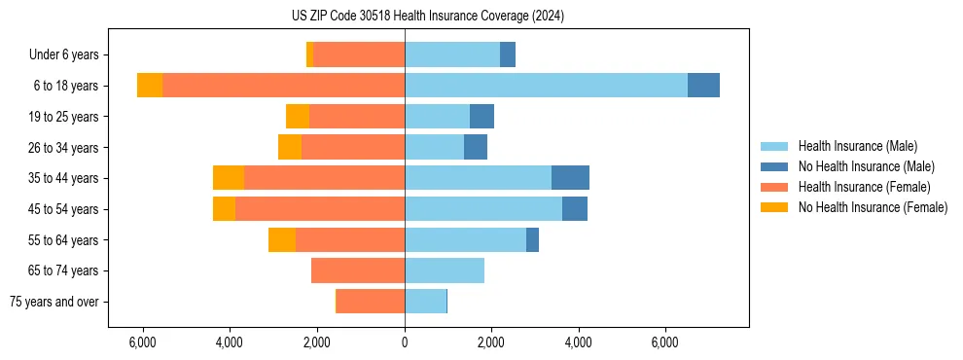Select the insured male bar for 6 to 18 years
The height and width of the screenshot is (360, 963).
point(546,86)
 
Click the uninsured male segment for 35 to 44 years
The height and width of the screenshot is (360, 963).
point(570,178)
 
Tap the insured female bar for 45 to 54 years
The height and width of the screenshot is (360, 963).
point(320,209)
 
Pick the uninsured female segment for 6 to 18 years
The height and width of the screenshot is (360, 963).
point(150,86)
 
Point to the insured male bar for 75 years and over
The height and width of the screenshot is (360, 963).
point(425,302)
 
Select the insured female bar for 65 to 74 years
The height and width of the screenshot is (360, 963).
point(358,270)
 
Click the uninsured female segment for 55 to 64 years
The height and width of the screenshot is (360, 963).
point(282,240)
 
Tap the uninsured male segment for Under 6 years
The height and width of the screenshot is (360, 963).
point(508,55)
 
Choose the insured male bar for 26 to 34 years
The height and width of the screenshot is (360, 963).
point(434,148)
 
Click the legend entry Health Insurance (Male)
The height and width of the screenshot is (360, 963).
point(857,146)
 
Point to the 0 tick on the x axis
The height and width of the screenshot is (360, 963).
point(405,342)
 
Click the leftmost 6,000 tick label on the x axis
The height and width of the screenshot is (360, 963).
point(143,342)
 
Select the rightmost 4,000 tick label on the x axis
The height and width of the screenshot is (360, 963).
point(578,342)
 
